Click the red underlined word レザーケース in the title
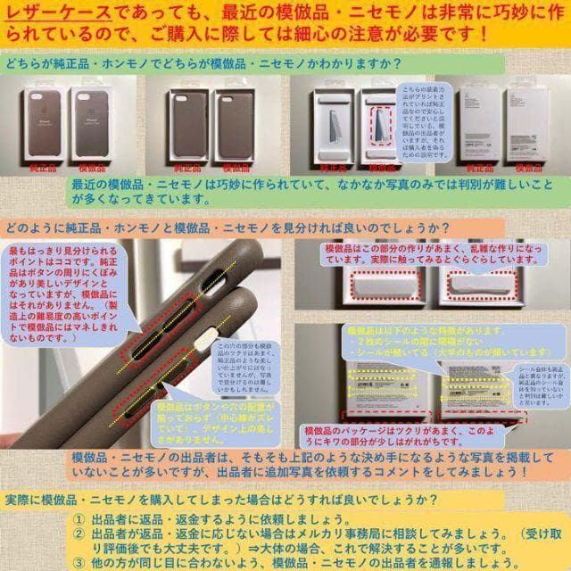pos(55,12)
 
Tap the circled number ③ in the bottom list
pos(79,562)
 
